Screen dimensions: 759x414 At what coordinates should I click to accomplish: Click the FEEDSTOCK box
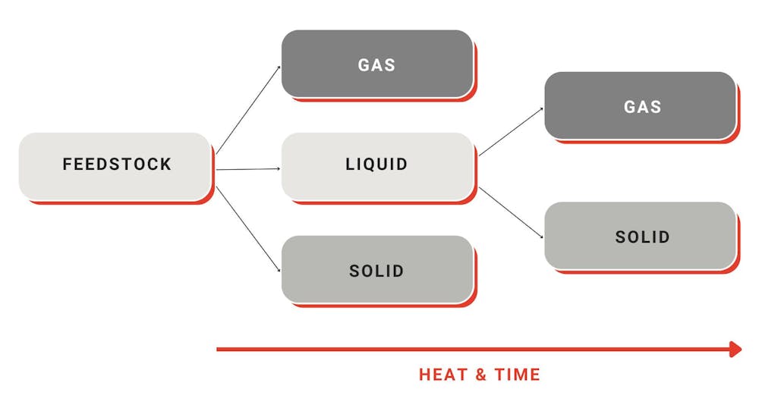click(115, 166)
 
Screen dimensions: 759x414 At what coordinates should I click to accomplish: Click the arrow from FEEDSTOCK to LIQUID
click(248, 169)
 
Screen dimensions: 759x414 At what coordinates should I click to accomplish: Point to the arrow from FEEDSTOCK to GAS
click(248, 110)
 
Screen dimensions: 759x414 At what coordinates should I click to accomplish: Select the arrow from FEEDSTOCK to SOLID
click(248, 229)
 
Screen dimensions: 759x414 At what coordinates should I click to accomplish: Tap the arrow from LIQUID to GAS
click(511, 131)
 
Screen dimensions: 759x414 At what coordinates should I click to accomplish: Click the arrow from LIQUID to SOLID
click(511, 213)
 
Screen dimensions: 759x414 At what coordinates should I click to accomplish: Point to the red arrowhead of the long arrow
click(735, 350)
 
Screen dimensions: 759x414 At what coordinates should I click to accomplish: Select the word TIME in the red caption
click(517, 375)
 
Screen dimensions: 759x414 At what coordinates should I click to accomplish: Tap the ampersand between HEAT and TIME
click(480, 375)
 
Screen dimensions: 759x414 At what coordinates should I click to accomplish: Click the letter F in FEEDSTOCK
click(67, 165)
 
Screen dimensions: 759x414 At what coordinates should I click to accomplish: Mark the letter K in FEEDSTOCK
click(166, 165)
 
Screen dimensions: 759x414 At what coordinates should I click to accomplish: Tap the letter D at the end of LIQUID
click(402, 165)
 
